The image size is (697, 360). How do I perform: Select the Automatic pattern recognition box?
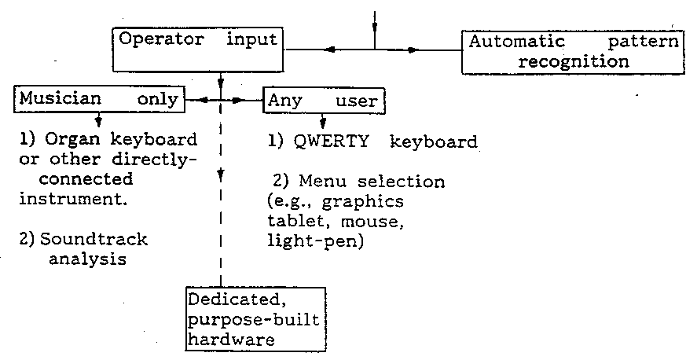tap(571, 53)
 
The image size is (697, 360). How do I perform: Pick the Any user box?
tap(324, 100)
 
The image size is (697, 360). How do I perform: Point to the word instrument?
tap(71, 200)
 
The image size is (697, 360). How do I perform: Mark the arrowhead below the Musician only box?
tap(97, 120)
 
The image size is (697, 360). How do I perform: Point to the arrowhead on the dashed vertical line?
tap(222, 176)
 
